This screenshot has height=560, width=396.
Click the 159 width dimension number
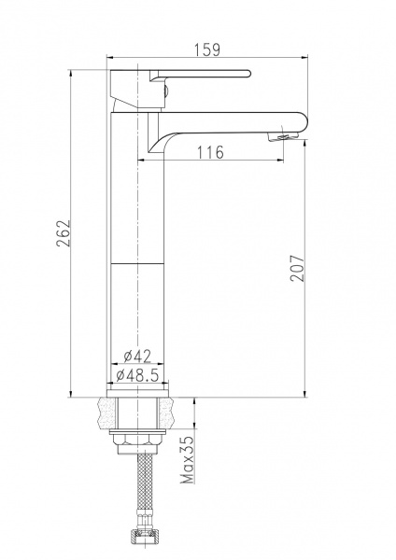tap(207, 49)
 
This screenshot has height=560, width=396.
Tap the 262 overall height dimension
tap(64, 233)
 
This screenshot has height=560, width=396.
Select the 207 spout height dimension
tap(297, 268)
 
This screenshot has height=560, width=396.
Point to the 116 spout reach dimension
tap(211, 152)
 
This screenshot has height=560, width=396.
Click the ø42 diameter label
tap(137, 356)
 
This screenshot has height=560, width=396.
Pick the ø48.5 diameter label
tap(137, 375)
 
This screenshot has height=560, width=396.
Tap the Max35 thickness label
tap(188, 460)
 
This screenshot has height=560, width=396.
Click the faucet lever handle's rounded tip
tap(247, 74)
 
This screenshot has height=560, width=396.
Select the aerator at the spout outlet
tap(283, 137)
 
